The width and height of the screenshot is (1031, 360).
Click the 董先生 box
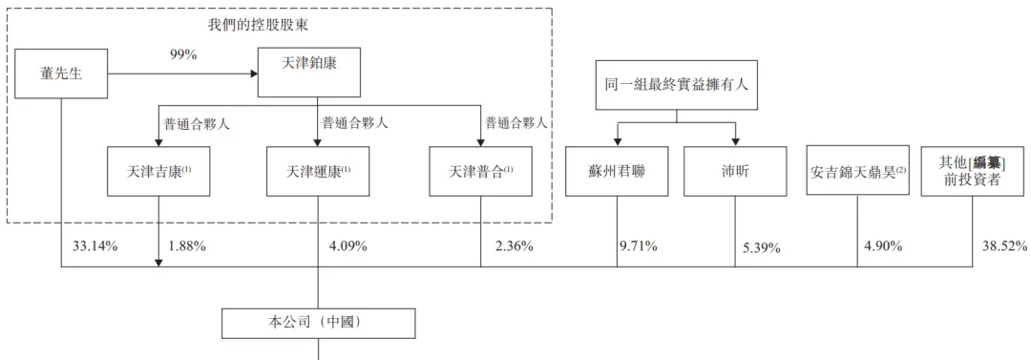point(60,73)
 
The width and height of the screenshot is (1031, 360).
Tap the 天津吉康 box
point(158,172)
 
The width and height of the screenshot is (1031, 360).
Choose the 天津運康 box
point(318,172)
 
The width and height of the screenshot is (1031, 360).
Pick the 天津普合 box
point(480,172)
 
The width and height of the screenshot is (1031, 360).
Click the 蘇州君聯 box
point(616,172)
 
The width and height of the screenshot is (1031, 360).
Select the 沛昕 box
point(735,172)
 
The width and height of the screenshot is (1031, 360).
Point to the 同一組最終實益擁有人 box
point(677,84)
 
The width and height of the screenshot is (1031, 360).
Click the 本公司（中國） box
point(319,323)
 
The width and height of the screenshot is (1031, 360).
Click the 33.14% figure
point(95,246)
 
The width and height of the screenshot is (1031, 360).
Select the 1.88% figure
point(187,246)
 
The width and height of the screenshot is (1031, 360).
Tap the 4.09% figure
point(348,246)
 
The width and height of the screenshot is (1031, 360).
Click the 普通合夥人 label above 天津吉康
point(196,123)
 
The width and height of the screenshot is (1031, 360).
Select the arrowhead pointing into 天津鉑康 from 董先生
point(254,73)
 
